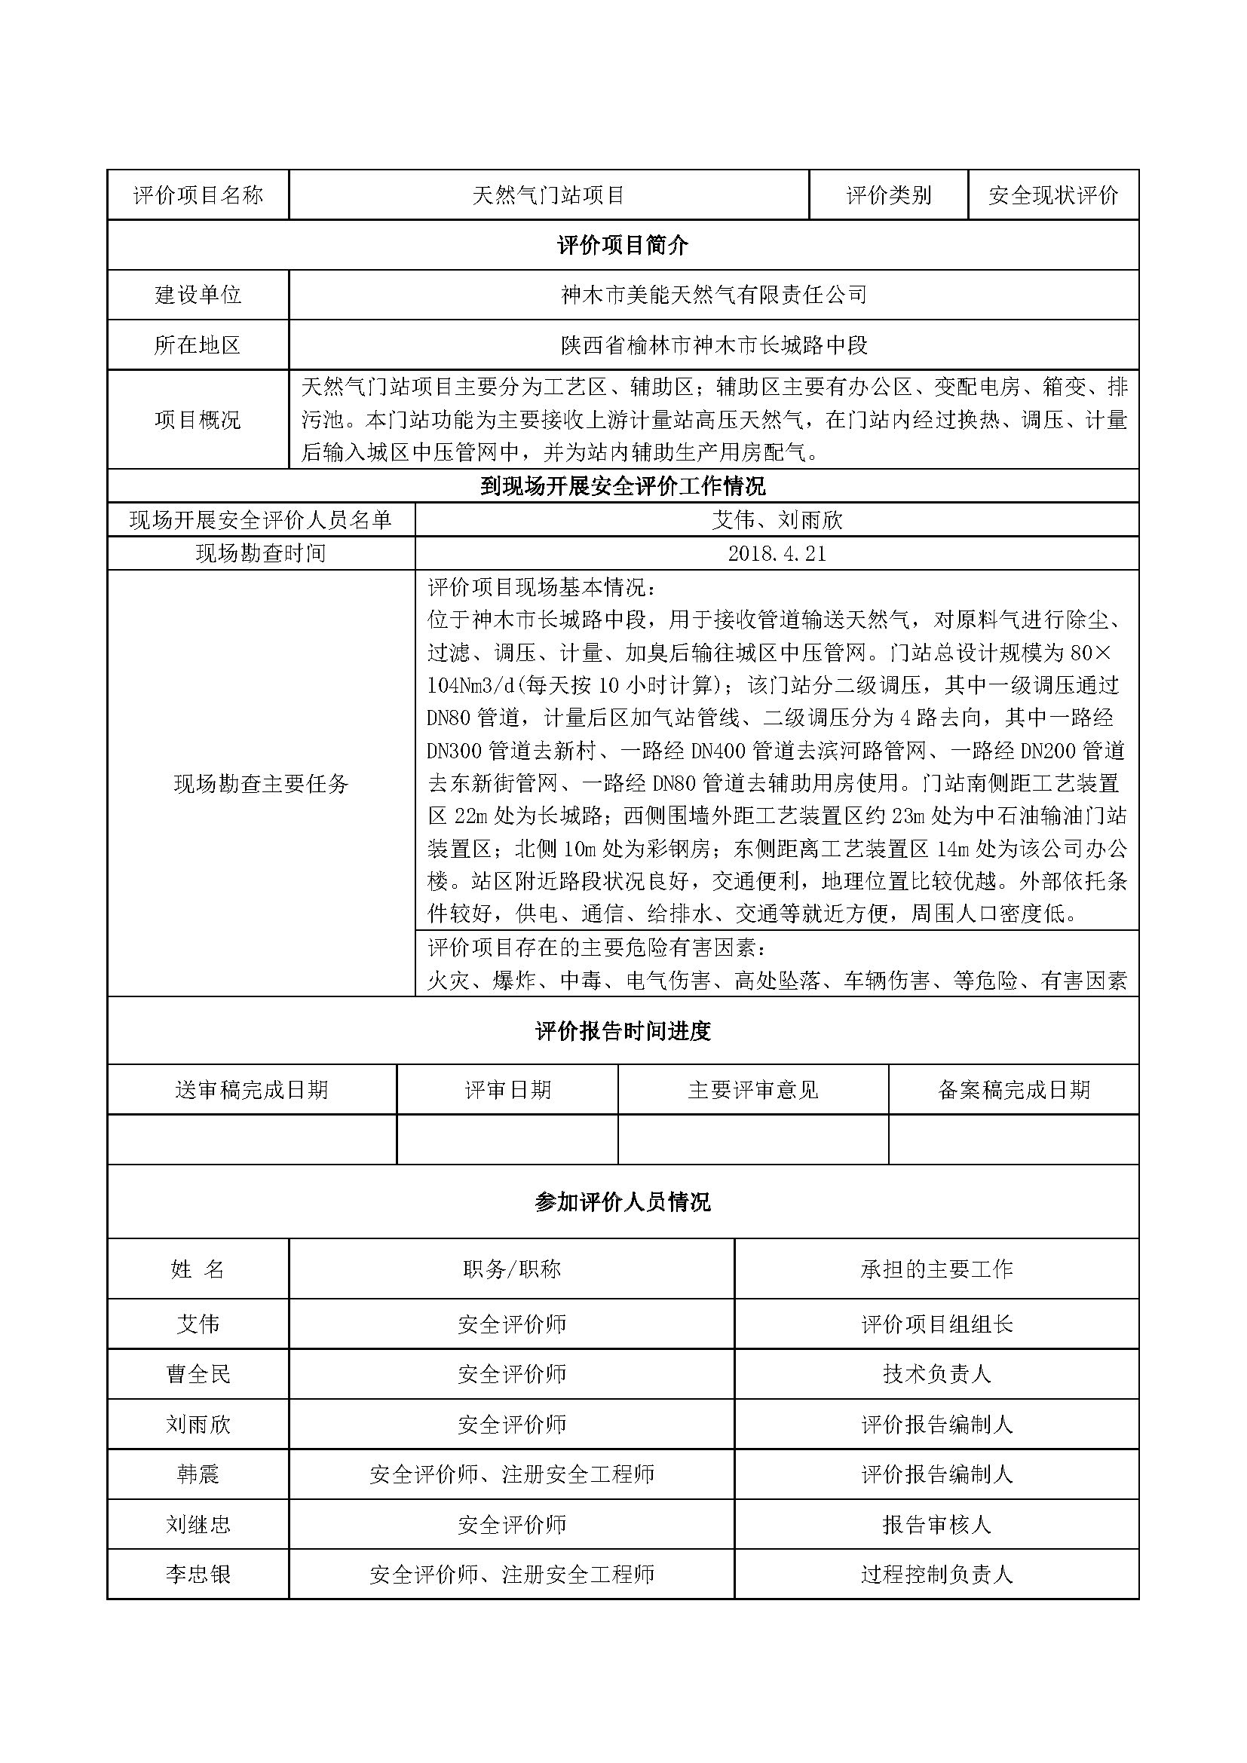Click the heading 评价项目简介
623,246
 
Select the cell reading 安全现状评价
1052,196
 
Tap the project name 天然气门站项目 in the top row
548,196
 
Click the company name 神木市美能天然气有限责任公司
713,295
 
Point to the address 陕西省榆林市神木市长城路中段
713,345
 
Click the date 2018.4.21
777,554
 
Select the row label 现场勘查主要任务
261,783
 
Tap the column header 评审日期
507,1090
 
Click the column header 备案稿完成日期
1013,1090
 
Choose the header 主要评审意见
753,1090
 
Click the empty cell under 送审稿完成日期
252,1140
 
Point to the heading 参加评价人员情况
623,1202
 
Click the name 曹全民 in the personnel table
198,1374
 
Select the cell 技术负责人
937,1374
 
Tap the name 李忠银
198,1575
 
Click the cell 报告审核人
937,1524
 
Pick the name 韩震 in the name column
198,1474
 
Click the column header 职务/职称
511,1269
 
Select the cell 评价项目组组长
937,1324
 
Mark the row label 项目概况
198,420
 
